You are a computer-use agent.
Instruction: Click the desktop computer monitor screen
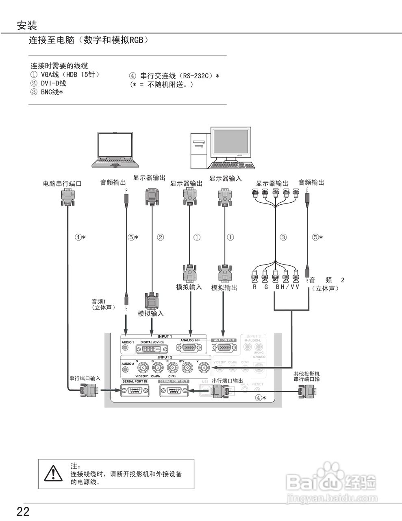click(230, 142)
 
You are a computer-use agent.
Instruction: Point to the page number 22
click(23, 512)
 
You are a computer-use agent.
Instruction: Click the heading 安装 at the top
click(27, 26)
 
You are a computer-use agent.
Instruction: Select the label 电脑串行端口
click(62, 184)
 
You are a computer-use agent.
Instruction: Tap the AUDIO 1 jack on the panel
click(126, 348)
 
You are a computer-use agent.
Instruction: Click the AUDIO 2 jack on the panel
click(126, 369)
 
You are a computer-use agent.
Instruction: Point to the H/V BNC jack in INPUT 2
click(187, 368)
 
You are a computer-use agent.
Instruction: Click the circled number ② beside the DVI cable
click(160, 237)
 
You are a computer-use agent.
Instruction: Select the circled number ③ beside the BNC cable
click(283, 237)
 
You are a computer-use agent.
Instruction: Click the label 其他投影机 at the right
click(306, 373)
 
